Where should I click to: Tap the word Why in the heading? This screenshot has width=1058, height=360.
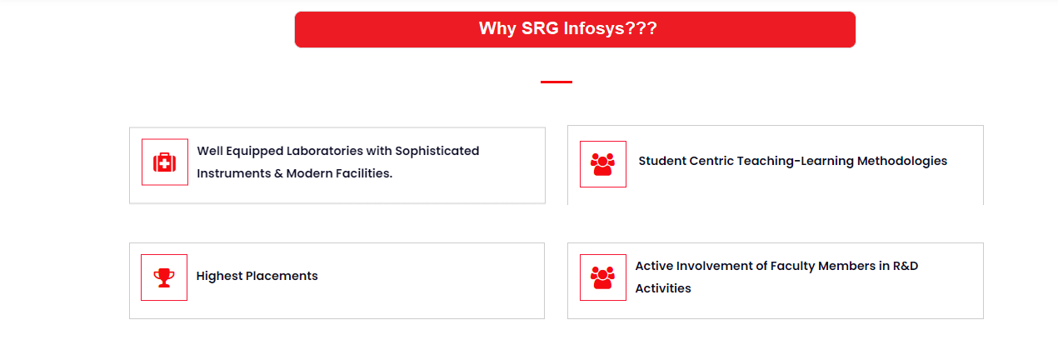coord(497,28)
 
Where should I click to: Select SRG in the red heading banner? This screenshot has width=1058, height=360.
coord(540,28)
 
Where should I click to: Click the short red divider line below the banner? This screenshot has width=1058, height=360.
coord(556,82)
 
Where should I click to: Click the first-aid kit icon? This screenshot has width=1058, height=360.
coord(164,162)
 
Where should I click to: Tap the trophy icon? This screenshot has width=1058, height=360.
coord(164,277)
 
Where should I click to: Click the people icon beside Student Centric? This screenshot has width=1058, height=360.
coord(602,164)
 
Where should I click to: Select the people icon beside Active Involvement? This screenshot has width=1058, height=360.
coord(602,277)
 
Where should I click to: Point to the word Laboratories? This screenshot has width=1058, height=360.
coord(325,151)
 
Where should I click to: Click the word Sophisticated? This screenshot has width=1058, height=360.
coord(437,151)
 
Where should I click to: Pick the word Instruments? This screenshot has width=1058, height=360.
coord(234,173)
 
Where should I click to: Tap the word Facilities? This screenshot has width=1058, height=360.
coord(362,173)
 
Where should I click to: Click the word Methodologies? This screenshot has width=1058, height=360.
coord(902,161)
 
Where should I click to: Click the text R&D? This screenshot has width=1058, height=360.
coord(906,266)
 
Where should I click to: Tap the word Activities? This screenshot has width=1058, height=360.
coord(663,288)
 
